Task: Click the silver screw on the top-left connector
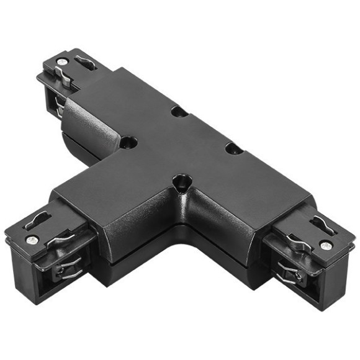tap(63, 61)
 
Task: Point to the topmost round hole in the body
tap(179, 112)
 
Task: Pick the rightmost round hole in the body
tap(234, 148)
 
